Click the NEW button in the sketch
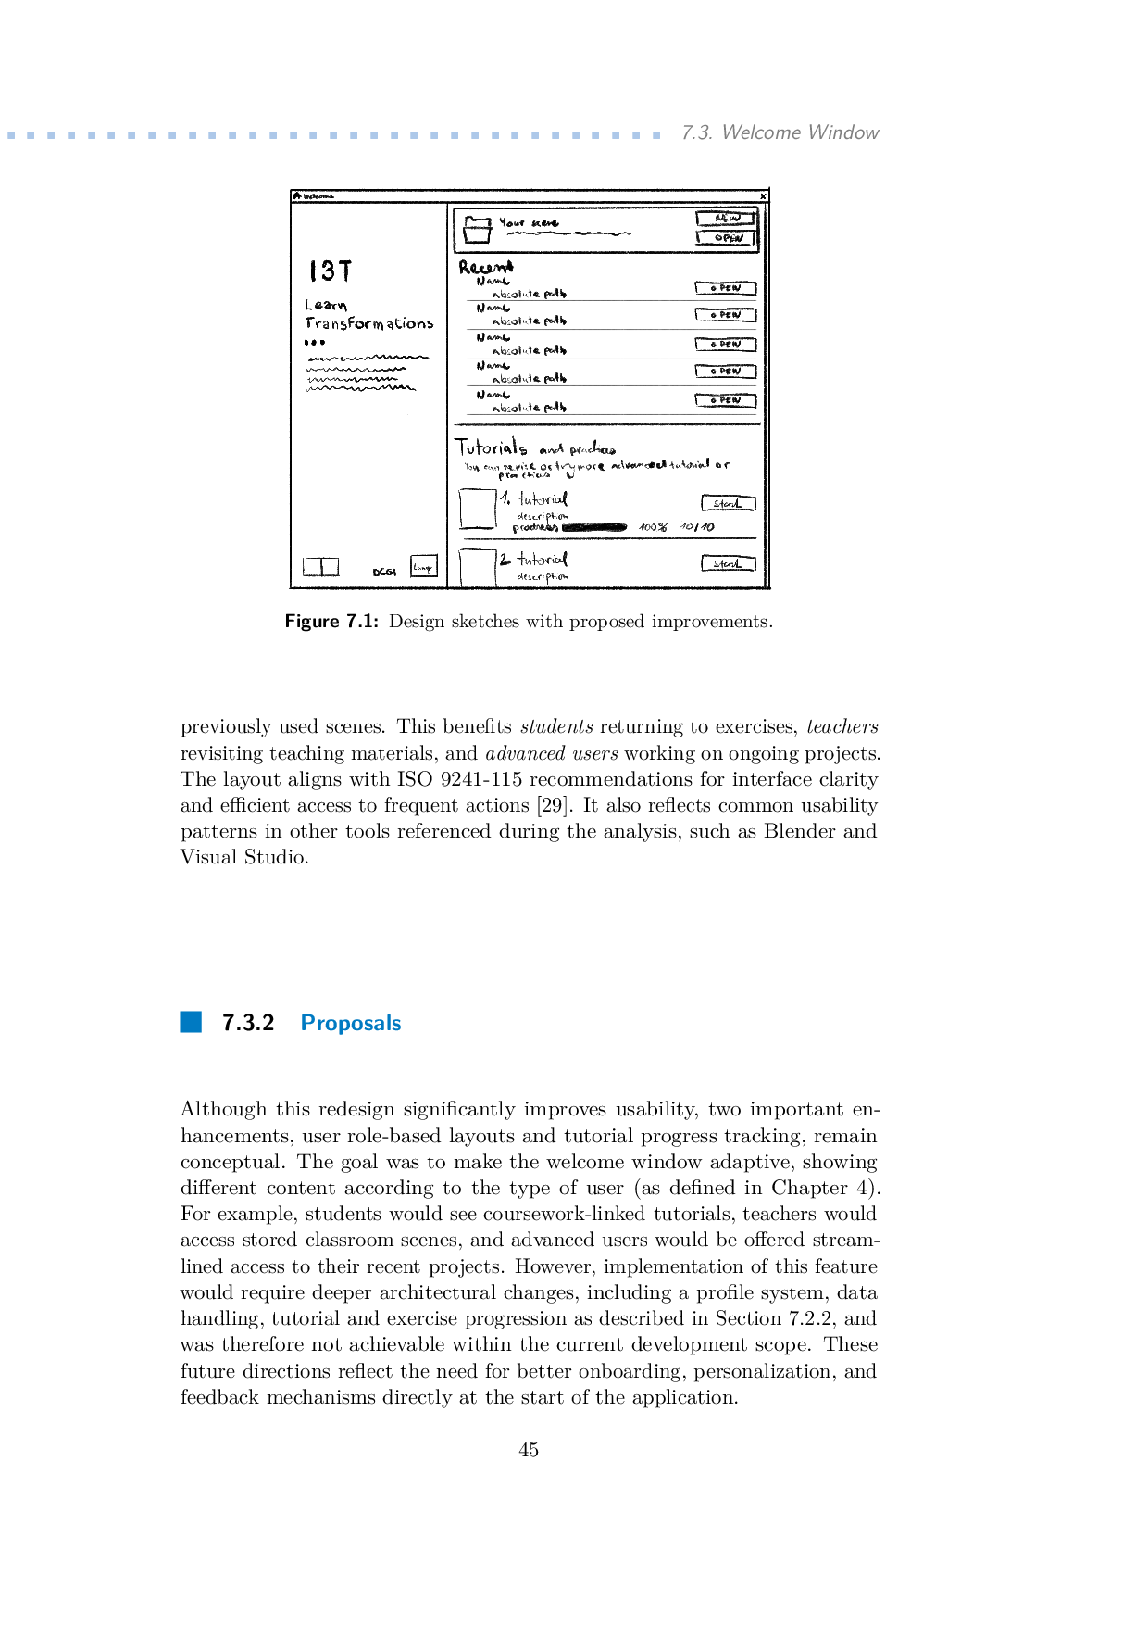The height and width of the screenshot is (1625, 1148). pos(727,219)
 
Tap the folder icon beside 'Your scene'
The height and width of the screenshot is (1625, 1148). pos(478,229)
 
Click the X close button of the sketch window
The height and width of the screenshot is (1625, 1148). pos(763,196)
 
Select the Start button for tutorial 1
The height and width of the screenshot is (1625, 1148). pos(728,503)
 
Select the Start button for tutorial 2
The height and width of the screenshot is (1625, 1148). pos(728,563)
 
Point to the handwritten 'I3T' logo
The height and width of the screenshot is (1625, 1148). pos(330,271)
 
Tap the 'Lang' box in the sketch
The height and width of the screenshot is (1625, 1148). pos(423,566)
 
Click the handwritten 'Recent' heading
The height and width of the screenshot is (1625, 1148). pos(486,268)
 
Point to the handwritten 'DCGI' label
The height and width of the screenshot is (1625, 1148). pos(384,573)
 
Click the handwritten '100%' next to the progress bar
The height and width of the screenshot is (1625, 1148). pos(653,527)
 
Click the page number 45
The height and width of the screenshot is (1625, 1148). pos(529,1450)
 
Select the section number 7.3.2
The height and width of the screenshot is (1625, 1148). pos(248,1023)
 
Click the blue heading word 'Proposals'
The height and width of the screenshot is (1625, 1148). pos(351,1023)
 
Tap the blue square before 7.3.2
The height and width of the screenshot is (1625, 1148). pos(191,1022)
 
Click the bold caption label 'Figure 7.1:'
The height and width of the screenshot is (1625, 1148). pos(331,622)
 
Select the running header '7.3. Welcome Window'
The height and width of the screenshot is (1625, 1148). pos(780,132)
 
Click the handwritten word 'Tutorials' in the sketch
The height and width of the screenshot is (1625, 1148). pos(491,447)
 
